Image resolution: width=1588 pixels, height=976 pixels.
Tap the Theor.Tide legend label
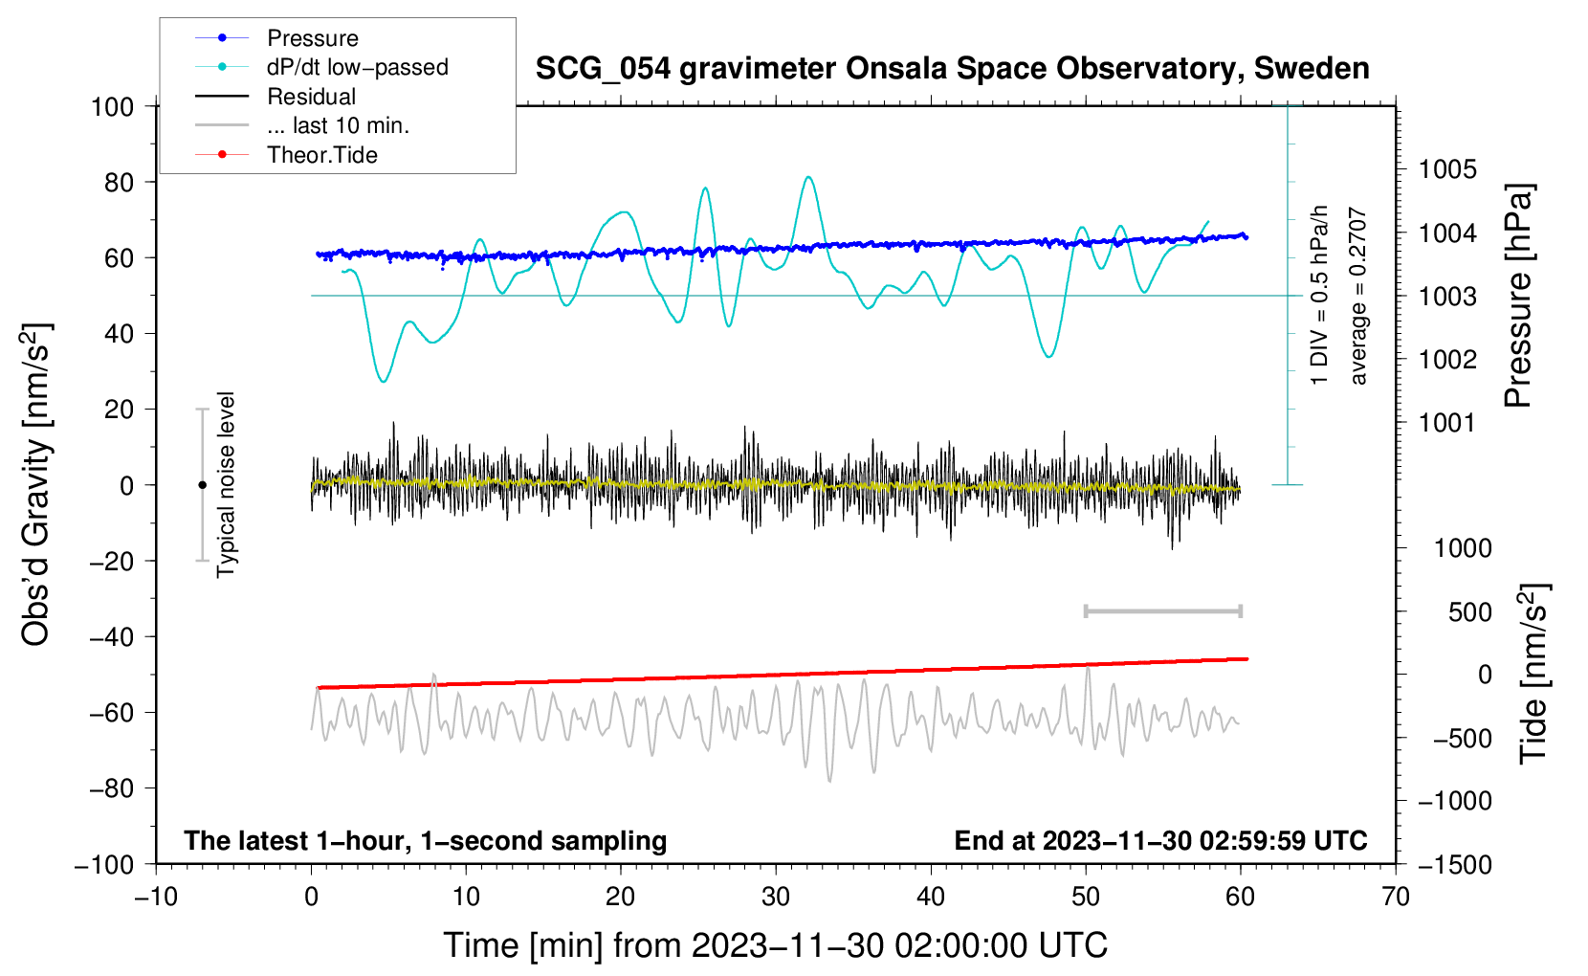321,155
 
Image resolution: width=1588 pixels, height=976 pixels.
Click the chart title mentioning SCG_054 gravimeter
952,69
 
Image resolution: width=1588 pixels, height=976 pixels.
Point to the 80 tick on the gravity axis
119,183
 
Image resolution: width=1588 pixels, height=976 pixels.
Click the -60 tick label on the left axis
111,712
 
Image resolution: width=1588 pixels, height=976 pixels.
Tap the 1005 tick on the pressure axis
1447,169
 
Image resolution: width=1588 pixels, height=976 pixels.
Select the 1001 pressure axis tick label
1446,423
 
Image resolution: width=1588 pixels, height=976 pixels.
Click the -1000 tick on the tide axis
1455,801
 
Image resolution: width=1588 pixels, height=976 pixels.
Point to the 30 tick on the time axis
776,898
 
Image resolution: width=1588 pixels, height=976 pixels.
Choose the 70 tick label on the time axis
1395,898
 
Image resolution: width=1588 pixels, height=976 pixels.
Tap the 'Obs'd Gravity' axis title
36,484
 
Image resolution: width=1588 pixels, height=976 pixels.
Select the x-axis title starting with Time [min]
776,945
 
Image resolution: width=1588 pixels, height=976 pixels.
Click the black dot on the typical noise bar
202,485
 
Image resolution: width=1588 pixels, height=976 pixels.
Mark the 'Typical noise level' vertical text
226,484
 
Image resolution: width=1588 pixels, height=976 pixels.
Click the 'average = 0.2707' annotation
1357,296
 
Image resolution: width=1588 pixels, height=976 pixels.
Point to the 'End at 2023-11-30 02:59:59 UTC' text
1160,840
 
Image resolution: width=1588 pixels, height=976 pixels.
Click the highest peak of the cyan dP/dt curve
809,177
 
